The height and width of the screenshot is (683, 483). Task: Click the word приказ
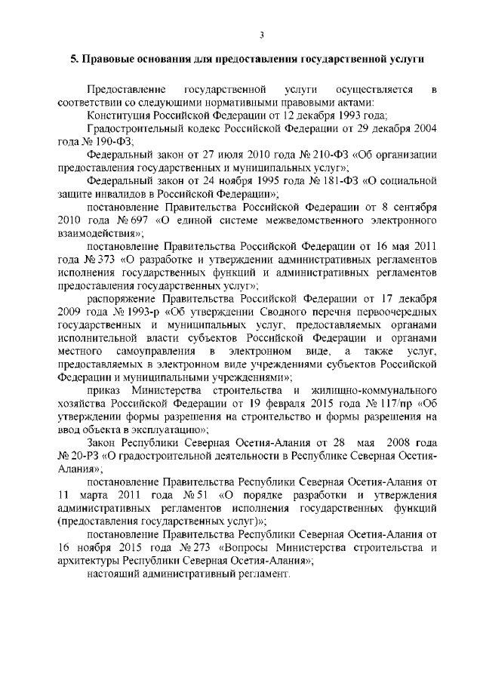tap(103, 389)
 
